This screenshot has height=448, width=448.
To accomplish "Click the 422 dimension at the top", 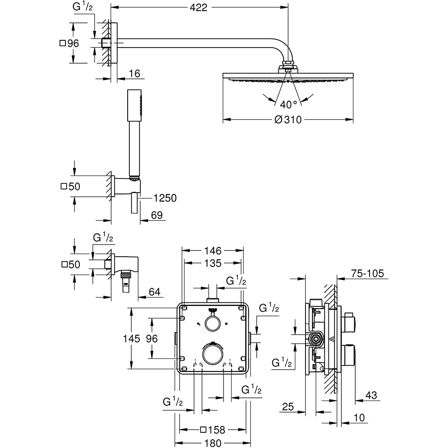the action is [x=198, y=8].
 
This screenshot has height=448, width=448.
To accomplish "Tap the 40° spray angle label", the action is [x=289, y=104].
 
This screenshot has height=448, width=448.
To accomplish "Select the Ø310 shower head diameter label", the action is [x=288, y=120].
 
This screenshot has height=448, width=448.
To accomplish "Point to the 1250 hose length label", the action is [x=165, y=198].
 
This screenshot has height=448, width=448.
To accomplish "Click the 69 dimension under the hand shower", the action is [x=156, y=215].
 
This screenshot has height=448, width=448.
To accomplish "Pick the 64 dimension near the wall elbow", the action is [x=155, y=292].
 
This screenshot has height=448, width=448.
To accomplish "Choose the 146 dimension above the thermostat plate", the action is [x=213, y=251].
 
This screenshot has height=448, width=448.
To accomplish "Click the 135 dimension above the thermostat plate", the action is [x=213, y=263].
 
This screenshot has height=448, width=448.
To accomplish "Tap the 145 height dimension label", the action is [x=131, y=339].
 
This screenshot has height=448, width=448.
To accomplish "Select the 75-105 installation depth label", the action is [x=367, y=273].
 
